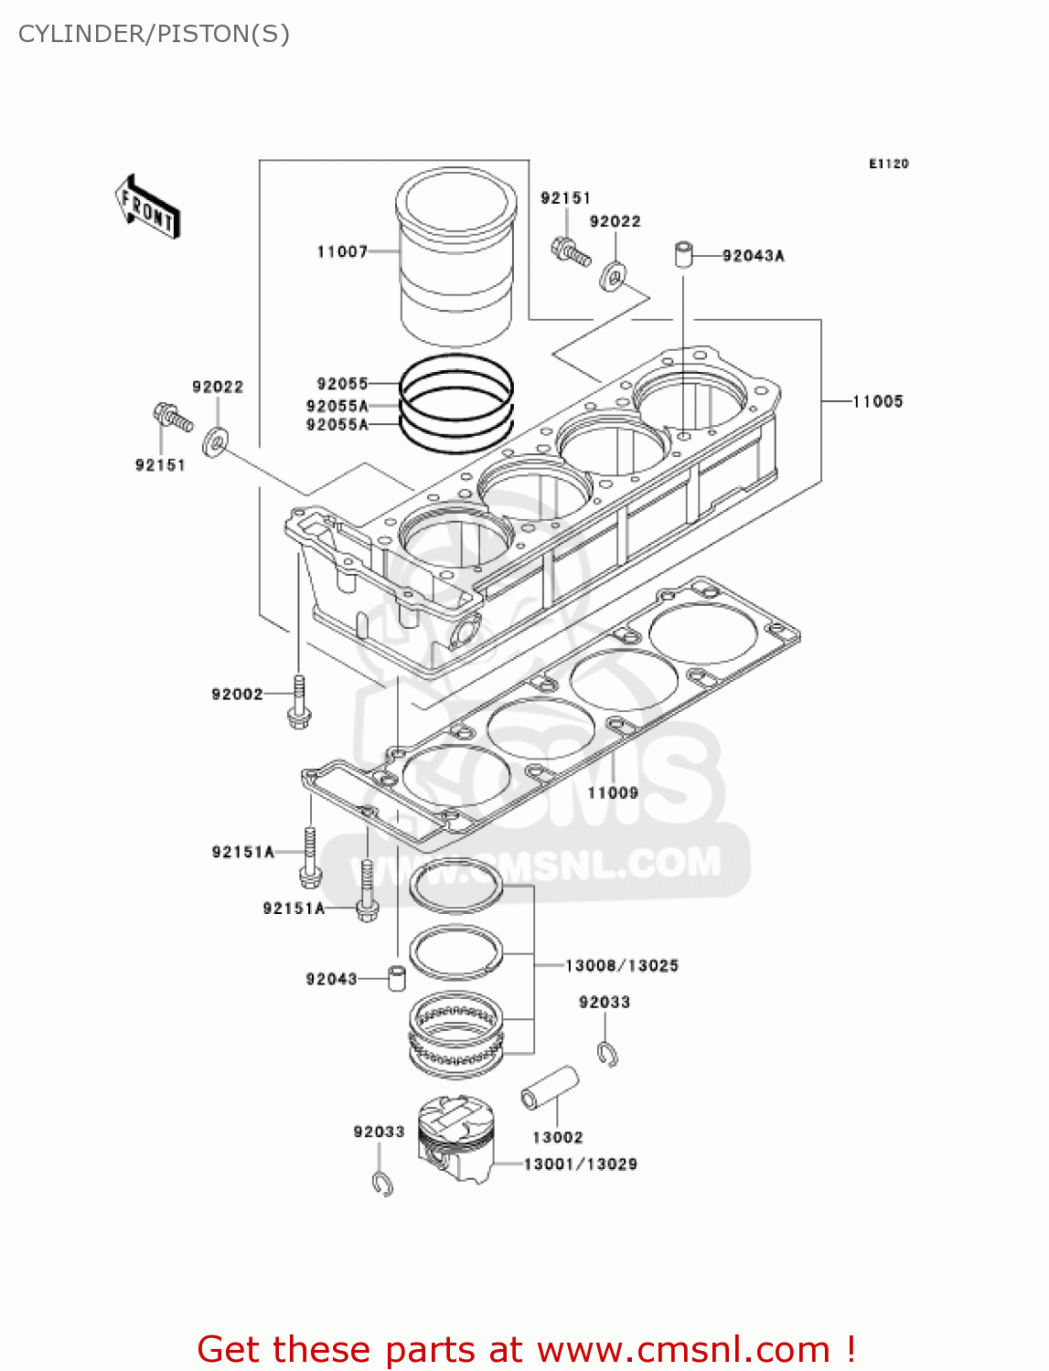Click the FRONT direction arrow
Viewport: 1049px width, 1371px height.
pyautogui.click(x=147, y=207)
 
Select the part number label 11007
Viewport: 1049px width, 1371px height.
pyautogui.click(x=342, y=252)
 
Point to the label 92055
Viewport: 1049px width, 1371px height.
pyautogui.click(x=342, y=384)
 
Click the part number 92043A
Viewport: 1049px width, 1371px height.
pyautogui.click(x=753, y=256)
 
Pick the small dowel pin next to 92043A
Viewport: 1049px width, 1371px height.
pyautogui.click(x=683, y=254)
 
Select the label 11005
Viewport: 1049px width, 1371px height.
pyautogui.click(x=877, y=401)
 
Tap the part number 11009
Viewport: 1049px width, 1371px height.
pyautogui.click(x=612, y=793)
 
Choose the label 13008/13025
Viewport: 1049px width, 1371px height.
pyautogui.click(x=622, y=966)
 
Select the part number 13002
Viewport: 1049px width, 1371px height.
pyautogui.click(x=557, y=1138)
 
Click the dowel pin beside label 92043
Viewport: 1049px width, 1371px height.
pyautogui.click(x=397, y=978)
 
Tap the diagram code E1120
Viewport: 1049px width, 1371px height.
pyautogui.click(x=888, y=164)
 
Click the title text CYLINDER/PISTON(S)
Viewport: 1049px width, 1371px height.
pyautogui.click(x=154, y=34)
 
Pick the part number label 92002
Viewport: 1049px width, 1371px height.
pyautogui.click(x=237, y=695)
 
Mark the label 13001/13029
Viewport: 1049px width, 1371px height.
pyautogui.click(x=580, y=1164)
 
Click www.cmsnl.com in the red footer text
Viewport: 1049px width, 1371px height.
pyautogui.click(x=683, y=1350)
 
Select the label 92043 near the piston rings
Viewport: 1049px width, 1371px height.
pyautogui.click(x=331, y=980)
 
